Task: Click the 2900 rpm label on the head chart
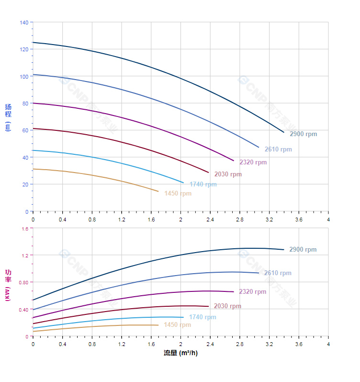pyautogui.click(x=303, y=134)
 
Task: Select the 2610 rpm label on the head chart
pyautogui.click(x=278, y=150)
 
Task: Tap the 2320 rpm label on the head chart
pyautogui.click(x=253, y=162)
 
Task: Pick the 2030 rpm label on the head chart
pyautogui.click(x=228, y=174)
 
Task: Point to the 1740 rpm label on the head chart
pyautogui.click(x=203, y=185)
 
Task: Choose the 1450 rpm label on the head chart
pyautogui.click(x=178, y=194)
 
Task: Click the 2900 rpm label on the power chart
pyautogui.click(x=303, y=250)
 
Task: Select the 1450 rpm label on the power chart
pyautogui.click(x=177, y=325)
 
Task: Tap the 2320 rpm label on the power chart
pyautogui.click(x=252, y=292)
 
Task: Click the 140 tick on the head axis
pyautogui.click(x=24, y=22)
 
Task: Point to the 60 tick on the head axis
pyautogui.click(x=25, y=130)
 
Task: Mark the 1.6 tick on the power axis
pyautogui.click(x=25, y=229)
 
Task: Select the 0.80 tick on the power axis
pyautogui.click(x=23, y=282)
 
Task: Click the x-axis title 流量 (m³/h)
pyautogui.click(x=180, y=353)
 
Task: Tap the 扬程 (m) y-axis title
pyautogui.click(x=8, y=117)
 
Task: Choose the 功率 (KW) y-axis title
pyautogui.click(x=8, y=285)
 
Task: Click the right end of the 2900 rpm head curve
pyautogui.click(x=284, y=132)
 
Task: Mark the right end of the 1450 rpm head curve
pyautogui.click(x=158, y=192)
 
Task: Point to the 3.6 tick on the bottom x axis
pyautogui.click(x=299, y=344)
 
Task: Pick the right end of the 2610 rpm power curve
pyautogui.click(x=259, y=273)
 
